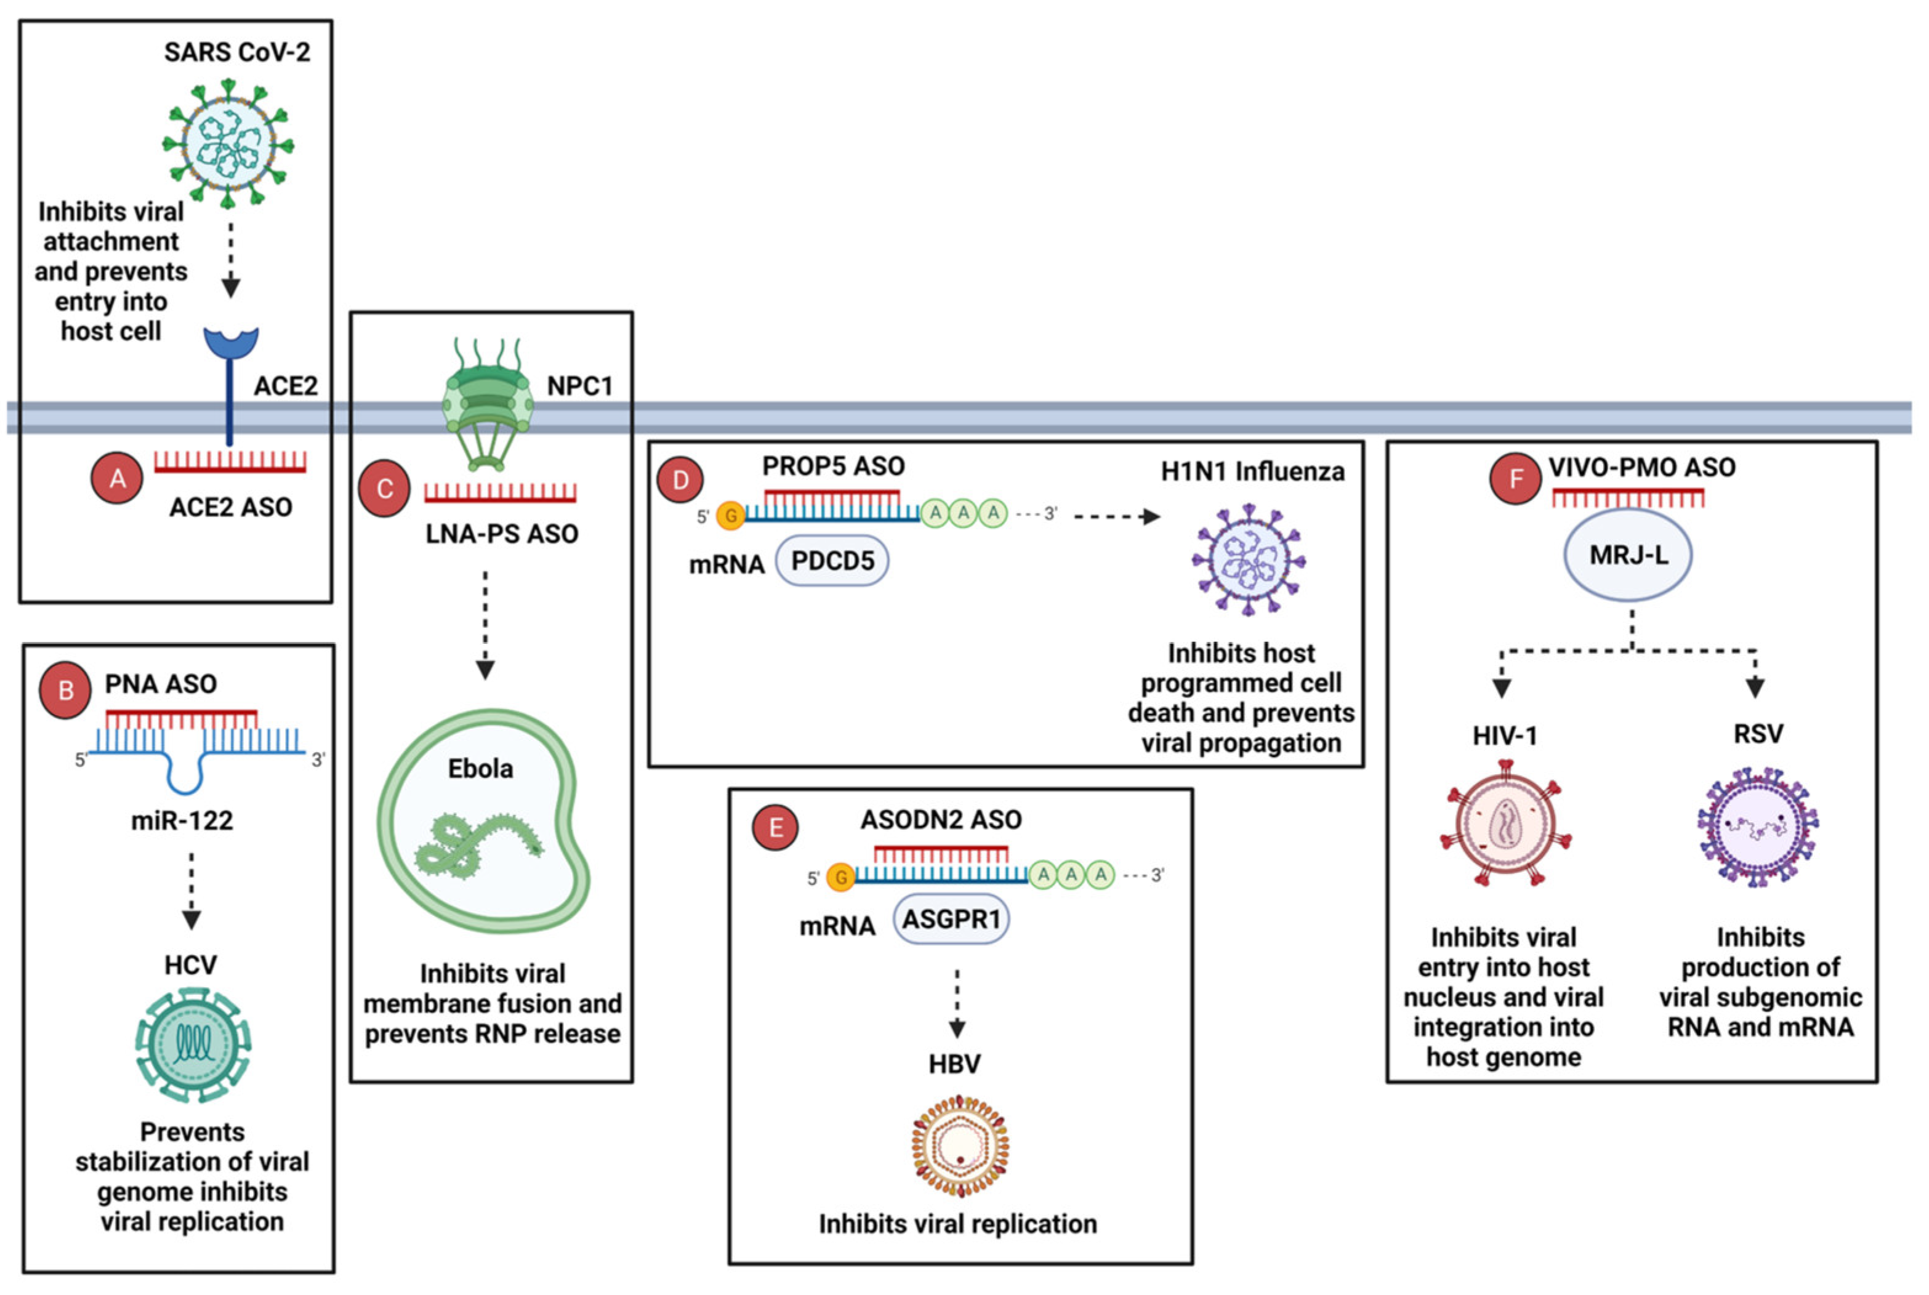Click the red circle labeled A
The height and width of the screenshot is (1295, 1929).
118,478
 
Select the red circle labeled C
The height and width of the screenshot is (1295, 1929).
384,489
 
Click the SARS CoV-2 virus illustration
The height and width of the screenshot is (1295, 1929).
228,143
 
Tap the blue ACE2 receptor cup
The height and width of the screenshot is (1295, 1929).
232,343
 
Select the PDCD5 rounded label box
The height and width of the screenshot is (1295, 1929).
832,561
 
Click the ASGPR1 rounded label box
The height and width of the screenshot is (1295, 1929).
951,919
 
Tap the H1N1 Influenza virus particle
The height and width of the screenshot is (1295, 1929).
1248,560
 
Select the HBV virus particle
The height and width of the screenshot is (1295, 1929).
960,1145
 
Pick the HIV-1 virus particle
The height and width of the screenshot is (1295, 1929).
1504,833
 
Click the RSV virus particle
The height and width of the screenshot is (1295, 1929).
1757,827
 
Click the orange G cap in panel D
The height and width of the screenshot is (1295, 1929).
730,515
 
